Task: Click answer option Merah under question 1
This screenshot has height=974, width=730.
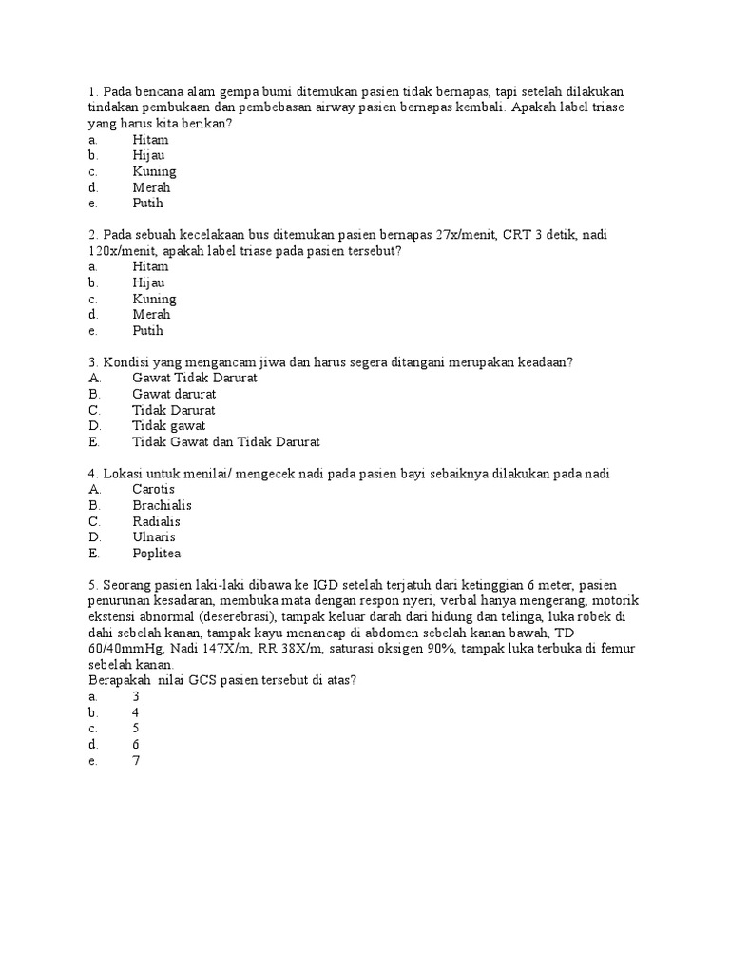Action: pos(151,187)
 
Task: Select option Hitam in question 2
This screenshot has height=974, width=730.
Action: pos(150,266)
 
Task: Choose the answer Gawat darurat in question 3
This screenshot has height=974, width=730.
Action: pos(174,394)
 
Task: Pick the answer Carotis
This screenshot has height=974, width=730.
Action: pos(154,489)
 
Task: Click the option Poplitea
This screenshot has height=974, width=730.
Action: pos(157,554)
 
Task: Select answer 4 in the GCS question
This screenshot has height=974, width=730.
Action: pos(136,712)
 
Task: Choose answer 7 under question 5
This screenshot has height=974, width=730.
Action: pos(136,760)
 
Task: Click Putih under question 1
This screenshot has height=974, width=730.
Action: pos(148,204)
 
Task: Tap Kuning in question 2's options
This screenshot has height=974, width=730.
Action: pos(154,299)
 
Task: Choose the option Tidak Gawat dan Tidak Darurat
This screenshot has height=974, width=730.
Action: pos(226,442)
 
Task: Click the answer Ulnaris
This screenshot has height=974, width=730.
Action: pos(155,537)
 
